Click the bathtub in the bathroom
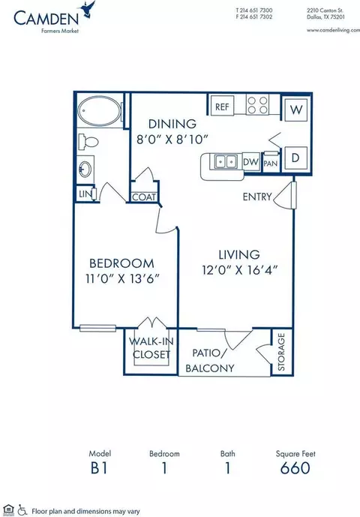point(99,110)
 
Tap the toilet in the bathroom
point(88,142)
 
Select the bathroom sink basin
point(85,169)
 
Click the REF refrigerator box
point(222,106)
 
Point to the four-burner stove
point(257,104)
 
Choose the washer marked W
point(296,110)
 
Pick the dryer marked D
point(295,158)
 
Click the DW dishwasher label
point(251,162)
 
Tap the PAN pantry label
point(271,164)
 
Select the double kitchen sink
point(226,162)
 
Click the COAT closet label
point(144,197)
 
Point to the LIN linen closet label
point(85,194)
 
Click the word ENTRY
point(257,197)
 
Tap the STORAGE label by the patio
point(281,351)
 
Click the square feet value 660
point(295,468)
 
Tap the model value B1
point(99,468)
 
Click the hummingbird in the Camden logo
point(88,9)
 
